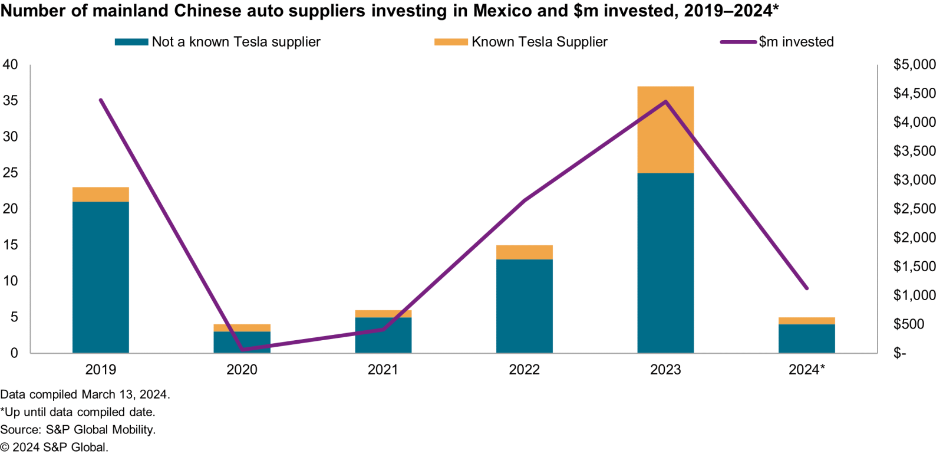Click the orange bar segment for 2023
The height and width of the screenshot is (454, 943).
point(665,130)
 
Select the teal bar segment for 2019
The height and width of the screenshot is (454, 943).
point(101,277)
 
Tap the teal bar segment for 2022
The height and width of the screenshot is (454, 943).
point(525,306)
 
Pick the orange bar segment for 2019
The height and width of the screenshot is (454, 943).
point(101,195)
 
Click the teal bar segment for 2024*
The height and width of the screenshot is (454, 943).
point(807,338)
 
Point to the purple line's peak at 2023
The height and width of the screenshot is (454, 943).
point(665,102)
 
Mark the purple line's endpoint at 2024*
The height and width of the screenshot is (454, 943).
point(807,288)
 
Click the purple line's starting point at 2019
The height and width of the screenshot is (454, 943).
point(101,100)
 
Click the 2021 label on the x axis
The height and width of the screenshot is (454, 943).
point(383,370)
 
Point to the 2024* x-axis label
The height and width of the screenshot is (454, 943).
point(807,370)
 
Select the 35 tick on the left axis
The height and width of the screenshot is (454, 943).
point(11,100)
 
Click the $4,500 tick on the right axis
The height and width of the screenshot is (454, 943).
point(914,93)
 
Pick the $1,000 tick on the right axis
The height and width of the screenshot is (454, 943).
point(914,295)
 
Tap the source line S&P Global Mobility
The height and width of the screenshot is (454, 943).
point(78,430)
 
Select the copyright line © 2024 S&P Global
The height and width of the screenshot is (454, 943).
point(54,448)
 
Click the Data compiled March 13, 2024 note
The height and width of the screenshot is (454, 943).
point(85,394)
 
